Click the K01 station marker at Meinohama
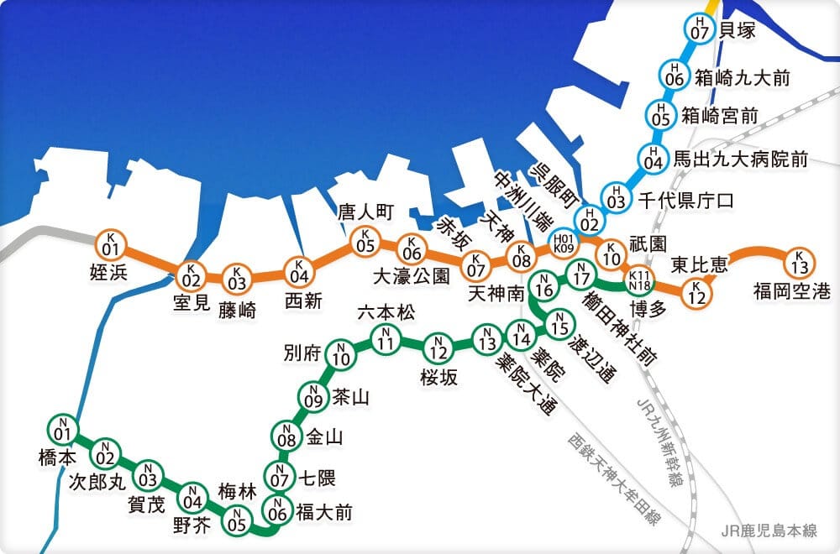coord(110,244)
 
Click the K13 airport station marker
coord(800,263)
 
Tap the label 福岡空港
coord(791,292)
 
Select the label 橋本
coord(58,457)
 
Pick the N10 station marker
coord(341,356)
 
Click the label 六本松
coord(386,312)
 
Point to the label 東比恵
coord(699,265)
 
